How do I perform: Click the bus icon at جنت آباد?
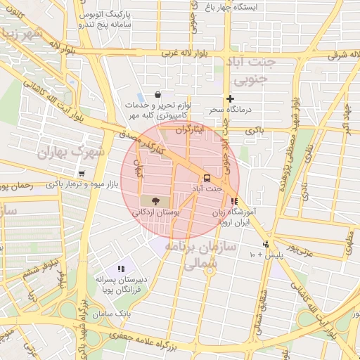[207, 178]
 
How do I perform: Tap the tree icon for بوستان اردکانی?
[155, 200]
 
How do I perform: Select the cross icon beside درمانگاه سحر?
[230, 98]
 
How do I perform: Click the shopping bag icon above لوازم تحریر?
[158, 94]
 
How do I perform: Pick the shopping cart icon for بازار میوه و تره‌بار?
[82, 174]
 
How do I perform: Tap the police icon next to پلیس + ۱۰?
[265, 244]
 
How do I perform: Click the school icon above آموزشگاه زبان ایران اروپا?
[234, 201]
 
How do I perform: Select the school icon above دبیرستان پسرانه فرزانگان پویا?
[121, 268]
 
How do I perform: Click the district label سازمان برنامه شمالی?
[192, 255]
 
